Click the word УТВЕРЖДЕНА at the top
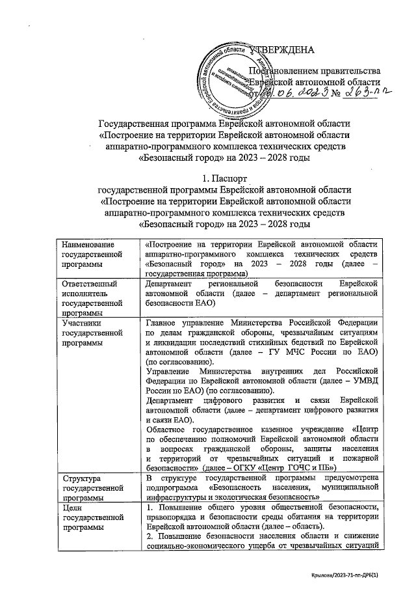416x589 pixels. (281, 51)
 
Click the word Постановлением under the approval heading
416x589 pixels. (279, 70)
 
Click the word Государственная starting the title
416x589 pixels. (133, 123)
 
